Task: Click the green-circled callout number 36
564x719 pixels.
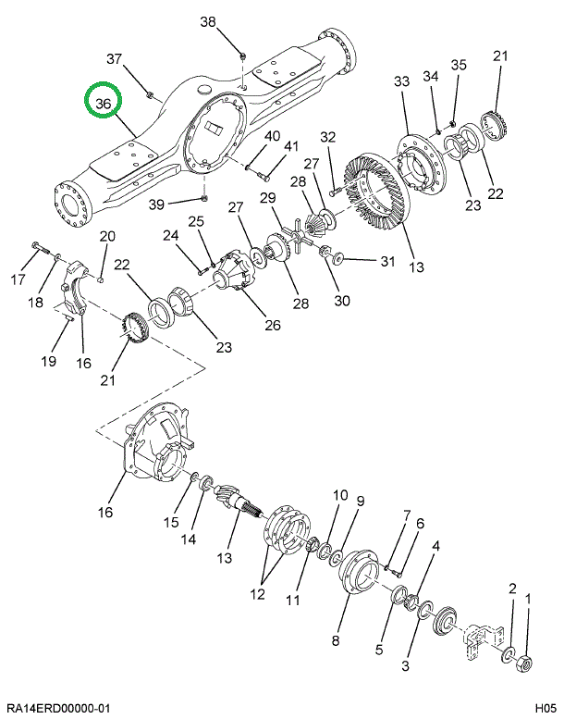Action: coord(103,105)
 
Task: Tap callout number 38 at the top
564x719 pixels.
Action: coord(207,21)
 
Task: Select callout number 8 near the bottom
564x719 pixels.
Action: coord(335,640)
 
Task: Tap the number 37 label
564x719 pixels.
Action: coord(115,59)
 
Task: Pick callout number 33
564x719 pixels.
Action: coord(401,82)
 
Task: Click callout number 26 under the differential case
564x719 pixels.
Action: coord(272,325)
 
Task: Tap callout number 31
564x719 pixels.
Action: coord(387,262)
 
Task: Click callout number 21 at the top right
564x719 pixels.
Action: coord(500,56)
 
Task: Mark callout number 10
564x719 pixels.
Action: coord(340,495)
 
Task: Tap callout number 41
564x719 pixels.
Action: coord(291,146)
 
